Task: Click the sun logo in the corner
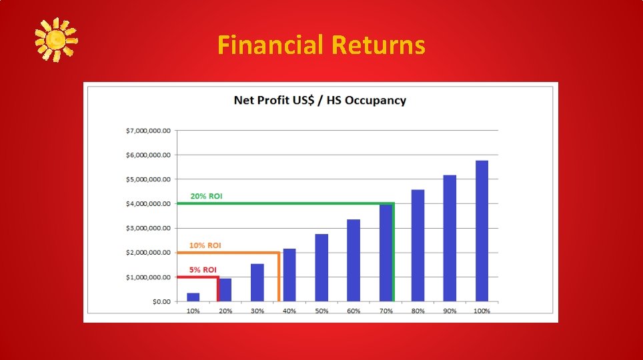pyautogui.click(x=56, y=39)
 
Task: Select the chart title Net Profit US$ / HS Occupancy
pyautogui.click(x=319, y=101)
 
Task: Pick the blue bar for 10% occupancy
pyautogui.click(x=193, y=297)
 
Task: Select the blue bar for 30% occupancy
pyautogui.click(x=257, y=283)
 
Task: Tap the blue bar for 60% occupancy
pyautogui.click(x=354, y=261)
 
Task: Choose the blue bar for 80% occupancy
pyautogui.click(x=418, y=246)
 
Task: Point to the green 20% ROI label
pyautogui.click(x=206, y=196)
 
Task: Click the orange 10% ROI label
pyautogui.click(x=205, y=245)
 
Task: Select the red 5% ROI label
pyautogui.click(x=203, y=270)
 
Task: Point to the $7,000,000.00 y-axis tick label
pyautogui.click(x=148, y=131)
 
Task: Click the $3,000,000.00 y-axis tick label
pyautogui.click(x=148, y=228)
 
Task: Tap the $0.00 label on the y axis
pyautogui.click(x=160, y=301)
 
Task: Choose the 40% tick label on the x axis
pyautogui.click(x=289, y=311)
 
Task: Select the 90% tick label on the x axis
pyautogui.click(x=450, y=311)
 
